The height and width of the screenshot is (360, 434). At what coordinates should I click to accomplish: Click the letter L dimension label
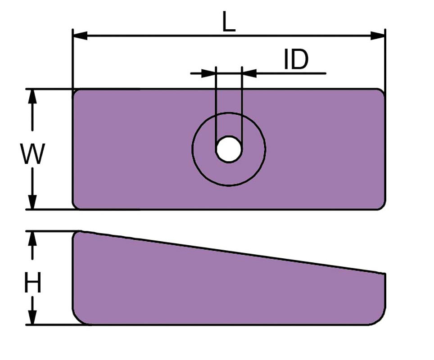pyautogui.click(x=229, y=22)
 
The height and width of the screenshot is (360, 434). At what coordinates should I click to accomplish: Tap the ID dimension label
pyautogui.click(x=296, y=59)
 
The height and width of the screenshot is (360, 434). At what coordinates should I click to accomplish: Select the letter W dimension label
pyautogui.click(x=32, y=154)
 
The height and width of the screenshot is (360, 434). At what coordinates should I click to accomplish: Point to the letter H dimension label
pyautogui.click(x=33, y=283)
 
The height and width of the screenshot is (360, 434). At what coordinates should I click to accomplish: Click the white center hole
pyautogui.click(x=229, y=149)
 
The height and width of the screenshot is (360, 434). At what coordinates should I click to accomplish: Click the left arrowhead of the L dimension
pyautogui.click(x=80, y=36)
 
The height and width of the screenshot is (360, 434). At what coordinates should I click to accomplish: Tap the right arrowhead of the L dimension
pyautogui.click(x=378, y=36)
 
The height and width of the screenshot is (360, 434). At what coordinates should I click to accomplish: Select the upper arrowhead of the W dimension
pyautogui.click(x=33, y=97)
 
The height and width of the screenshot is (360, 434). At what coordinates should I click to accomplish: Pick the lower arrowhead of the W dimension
pyautogui.click(x=33, y=202)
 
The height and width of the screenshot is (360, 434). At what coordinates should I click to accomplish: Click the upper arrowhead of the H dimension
pyautogui.click(x=33, y=238)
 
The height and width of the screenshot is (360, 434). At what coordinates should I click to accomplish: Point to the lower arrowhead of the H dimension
pyautogui.click(x=33, y=317)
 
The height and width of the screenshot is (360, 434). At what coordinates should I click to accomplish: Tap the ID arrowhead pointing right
pyautogui.click(x=208, y=73)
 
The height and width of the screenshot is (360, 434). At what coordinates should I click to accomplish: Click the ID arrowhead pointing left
pyautogui.click(x=249, y=73)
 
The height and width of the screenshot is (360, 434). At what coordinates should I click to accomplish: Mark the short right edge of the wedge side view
pyautogui.click(x=385, y=289)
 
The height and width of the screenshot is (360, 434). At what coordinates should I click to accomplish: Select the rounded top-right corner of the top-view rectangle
pyautogui.click(x=382, y=92)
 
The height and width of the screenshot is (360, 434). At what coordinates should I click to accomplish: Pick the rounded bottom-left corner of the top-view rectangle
pyautogui.click(x=76, y=206)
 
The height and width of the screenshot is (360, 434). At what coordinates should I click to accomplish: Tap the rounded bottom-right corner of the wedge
pyautogui.click(x=380, y=319)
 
